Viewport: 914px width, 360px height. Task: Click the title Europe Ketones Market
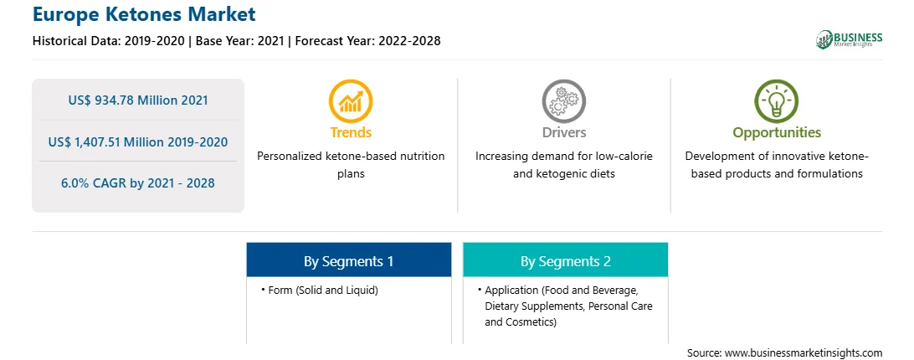tap(144, 14)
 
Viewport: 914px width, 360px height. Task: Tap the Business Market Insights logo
tap(849, 39)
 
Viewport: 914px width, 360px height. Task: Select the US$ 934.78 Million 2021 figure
tap(138, 100)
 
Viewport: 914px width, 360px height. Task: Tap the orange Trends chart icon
tap(351, 101)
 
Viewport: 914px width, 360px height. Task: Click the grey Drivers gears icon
tap(563, 101)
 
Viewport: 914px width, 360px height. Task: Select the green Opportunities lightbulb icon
tap(777, 101)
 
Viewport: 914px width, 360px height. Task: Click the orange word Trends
tap(351, 133)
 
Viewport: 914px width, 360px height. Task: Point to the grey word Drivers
tap(563, 133)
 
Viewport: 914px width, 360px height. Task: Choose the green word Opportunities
tap(777, 133)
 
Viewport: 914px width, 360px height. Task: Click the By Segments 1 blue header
tap(348, 260)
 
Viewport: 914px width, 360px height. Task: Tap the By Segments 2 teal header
tap(566, 260)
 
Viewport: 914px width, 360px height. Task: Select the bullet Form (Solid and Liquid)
tap(320, 290)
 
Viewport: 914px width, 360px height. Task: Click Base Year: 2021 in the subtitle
tap(240, 41)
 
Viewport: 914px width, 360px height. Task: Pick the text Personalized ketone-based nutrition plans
tap(351, 165)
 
